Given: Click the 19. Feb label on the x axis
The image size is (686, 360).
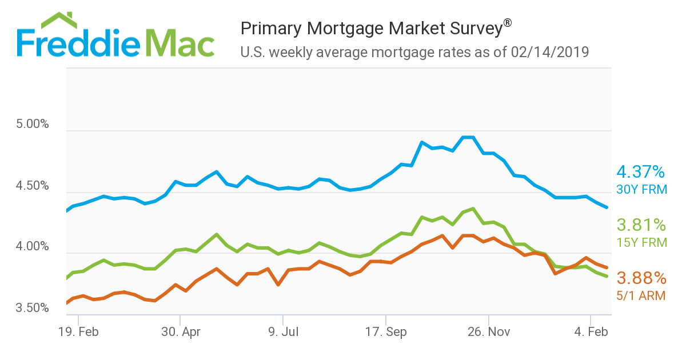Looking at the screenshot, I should pyautogui.click(x=78, y=331).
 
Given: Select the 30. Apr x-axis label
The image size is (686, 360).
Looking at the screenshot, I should pyautogui.click(x=180, y=331).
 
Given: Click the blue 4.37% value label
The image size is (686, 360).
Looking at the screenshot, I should pyautogui.click(x=641, y=171).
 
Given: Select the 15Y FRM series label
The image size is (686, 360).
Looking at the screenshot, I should pyautogui.click(x=641, y=242).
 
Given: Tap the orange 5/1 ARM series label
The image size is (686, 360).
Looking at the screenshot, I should pyautogui.click(x=641, y=295).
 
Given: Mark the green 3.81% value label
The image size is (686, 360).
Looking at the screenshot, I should pyautogui.click(x=641, y=225).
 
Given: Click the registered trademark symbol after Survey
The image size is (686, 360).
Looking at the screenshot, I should pyautogui.click(x=507, y=23).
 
